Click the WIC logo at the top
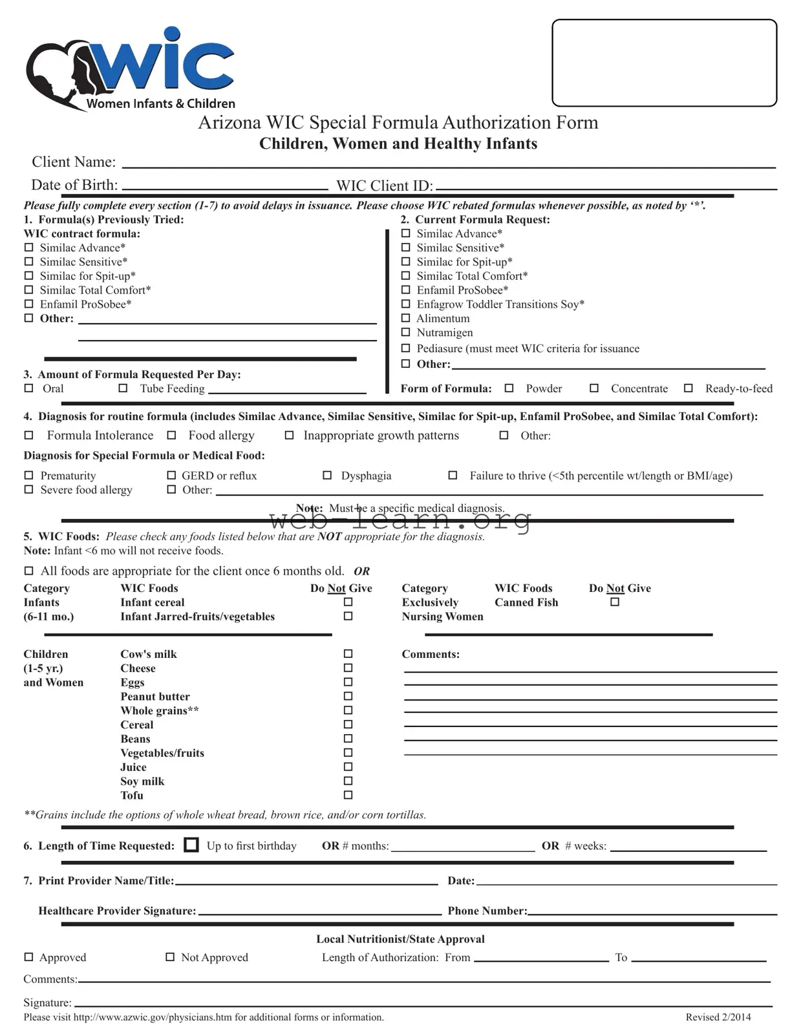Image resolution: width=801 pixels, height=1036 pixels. (x=129, y=68)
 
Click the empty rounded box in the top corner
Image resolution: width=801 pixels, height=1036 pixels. (x=664, y=63)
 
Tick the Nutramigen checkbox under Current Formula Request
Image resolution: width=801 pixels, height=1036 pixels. (x=406, y=332)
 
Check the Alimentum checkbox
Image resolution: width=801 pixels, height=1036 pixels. (x=406, y=318)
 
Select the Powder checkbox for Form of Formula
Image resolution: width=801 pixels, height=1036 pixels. (x=509, y=388)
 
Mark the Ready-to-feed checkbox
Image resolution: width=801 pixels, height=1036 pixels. (x=689, y=388)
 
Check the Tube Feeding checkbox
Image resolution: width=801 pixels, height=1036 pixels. (x=123, y=388)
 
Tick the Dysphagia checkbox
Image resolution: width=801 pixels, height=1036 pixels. (x=327, y=476)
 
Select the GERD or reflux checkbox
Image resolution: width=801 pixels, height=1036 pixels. (x=171, y=476)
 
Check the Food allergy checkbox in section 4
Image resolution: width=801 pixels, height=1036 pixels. (x=171, y=436)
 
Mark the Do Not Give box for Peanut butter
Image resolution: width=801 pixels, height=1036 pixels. (x=348, y=696)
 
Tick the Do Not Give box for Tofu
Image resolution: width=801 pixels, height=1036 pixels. (x=348, y=795)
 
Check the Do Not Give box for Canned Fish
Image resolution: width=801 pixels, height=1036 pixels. (x=615, y=602)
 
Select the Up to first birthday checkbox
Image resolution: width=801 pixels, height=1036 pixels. (x=191, y=845)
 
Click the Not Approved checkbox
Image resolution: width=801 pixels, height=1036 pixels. (x=170, y=957)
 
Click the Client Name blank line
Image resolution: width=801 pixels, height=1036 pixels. (x=449, y=163)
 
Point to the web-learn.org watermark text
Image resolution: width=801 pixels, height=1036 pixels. (x=400, y=518)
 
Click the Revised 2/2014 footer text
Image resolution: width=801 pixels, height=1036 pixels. (x=718, y=1017)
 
